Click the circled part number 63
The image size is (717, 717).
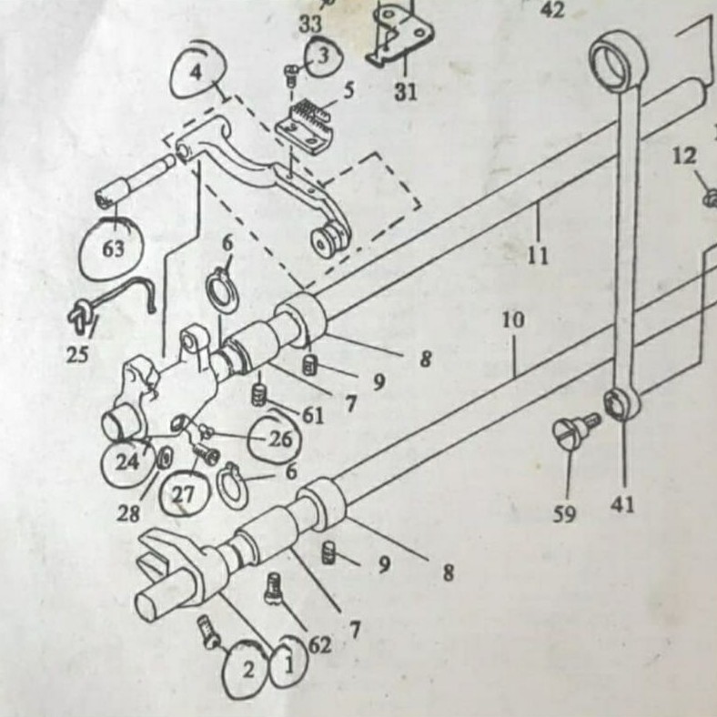114,248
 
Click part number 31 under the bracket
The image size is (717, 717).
405,92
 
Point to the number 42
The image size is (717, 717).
552,10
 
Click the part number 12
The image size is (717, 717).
684,157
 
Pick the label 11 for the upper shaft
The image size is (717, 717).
538,255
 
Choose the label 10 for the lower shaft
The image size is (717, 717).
512,320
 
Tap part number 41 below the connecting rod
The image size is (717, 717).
624,502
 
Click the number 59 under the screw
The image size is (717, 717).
564,515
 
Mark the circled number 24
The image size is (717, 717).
127,461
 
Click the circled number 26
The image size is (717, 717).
279,439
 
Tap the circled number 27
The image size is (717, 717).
183,494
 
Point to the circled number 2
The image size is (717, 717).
247,672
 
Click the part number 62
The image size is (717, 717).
319,645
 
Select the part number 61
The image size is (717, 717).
313,416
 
